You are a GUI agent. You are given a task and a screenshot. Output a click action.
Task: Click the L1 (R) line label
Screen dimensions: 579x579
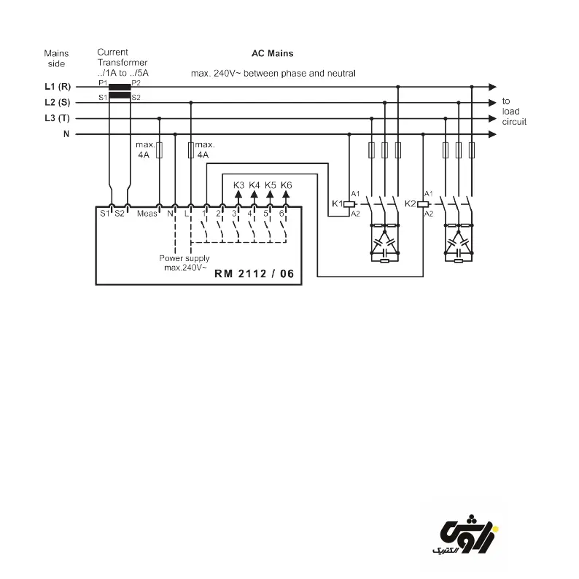[57, 86]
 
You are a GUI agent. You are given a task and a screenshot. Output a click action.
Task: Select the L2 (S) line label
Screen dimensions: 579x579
[57, 102]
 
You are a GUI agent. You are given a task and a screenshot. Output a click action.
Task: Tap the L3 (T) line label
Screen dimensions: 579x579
[57, 118]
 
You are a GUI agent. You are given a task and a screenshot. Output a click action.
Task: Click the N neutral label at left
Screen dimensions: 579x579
[66, 134]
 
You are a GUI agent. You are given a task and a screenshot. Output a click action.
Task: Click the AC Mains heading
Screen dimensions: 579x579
[272, 53]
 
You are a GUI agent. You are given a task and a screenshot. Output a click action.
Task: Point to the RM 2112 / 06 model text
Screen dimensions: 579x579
[254, 274]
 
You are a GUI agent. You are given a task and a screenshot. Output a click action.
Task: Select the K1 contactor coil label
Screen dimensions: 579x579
[337, 203]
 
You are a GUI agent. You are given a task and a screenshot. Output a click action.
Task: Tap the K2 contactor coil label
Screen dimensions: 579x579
[409, 203]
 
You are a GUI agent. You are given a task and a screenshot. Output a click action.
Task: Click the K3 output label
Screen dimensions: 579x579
[238, 185]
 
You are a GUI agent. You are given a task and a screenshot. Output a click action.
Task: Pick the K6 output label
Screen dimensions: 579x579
[286, 185]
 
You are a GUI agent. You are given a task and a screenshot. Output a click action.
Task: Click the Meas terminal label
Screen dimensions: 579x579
[147, 214]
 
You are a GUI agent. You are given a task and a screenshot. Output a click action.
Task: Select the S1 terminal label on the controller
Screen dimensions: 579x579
[104, 214]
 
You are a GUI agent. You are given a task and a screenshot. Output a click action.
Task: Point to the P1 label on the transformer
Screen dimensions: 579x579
[103, 83]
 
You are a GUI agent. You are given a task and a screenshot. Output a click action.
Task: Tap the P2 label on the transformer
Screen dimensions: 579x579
[136, 83]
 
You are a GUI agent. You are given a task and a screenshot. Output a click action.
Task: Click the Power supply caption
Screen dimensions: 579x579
[184, 258]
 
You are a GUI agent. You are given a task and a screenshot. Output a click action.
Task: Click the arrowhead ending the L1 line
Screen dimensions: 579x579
[493, 86]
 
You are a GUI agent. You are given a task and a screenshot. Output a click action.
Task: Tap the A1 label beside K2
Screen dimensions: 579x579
[429, 193]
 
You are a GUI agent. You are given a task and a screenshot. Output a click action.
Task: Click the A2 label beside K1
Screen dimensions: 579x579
[356, 214]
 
